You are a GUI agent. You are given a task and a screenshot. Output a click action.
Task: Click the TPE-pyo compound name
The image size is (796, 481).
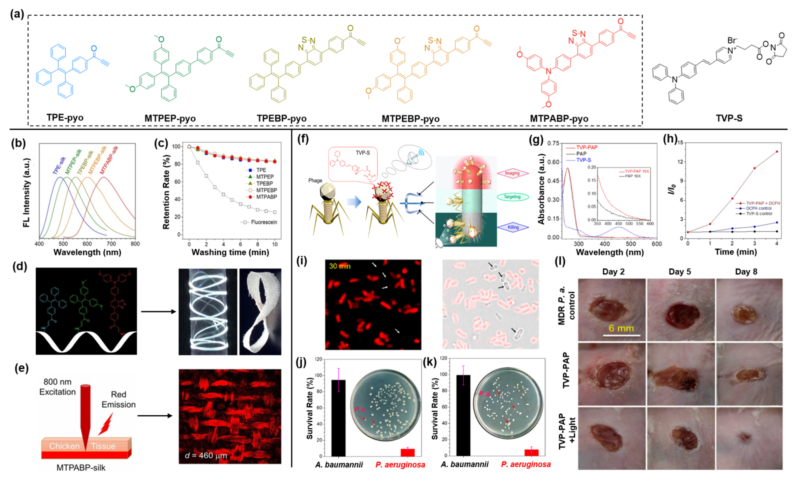point(65,117)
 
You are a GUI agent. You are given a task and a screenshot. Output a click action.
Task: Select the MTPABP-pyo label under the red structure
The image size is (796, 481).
point(559,119)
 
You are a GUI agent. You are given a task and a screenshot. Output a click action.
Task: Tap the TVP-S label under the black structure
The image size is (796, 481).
point(729,118)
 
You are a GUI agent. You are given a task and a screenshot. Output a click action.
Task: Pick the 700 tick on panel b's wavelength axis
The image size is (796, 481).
point(111,244)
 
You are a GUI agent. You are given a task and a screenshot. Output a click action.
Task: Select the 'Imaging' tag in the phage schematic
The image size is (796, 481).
point(512,173)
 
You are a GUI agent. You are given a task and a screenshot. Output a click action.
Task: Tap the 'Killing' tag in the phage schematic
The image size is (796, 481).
point(513,227)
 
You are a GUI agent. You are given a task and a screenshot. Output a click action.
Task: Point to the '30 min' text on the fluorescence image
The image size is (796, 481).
point(340,266)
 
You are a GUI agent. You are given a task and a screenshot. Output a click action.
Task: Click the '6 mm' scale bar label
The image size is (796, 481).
point(621,329)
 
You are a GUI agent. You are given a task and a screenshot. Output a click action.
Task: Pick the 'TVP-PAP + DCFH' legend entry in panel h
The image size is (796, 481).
point(763,203)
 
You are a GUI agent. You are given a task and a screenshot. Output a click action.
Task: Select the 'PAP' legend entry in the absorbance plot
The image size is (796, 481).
point(581,154)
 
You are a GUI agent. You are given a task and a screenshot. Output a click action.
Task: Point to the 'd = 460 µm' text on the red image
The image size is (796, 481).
point(206,456)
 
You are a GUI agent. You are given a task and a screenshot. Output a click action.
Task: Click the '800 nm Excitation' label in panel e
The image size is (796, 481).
point(57,387)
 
